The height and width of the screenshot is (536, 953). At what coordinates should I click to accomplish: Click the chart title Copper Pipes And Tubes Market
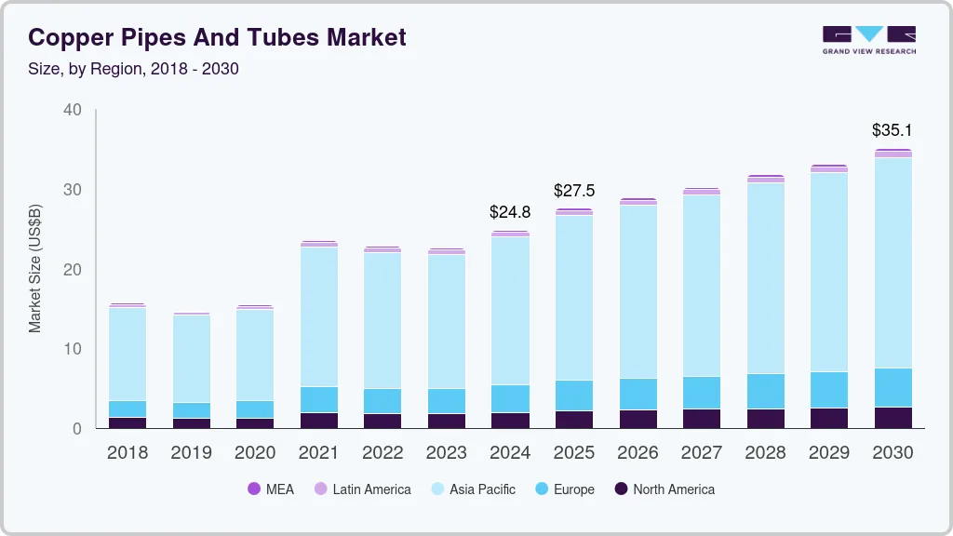pos(217,37)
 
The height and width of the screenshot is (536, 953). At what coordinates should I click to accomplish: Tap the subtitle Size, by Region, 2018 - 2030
pos(133,69)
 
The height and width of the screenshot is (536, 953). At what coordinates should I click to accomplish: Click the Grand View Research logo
pos(868,40)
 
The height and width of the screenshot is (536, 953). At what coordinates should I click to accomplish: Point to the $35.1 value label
pos(893,129)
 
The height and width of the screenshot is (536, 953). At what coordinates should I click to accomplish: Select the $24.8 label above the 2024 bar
pos(510,211)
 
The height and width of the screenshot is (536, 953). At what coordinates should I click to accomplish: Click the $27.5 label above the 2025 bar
pos(573,191)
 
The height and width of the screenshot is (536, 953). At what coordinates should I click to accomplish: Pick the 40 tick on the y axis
pos(72,110)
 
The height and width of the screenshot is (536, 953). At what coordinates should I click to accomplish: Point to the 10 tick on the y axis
pos(72,349)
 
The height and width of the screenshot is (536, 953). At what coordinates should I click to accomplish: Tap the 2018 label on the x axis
pos(127,452)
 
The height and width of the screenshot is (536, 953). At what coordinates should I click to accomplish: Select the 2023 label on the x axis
pos(446,452)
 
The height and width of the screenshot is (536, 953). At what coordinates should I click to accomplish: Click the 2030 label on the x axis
pos(893,452)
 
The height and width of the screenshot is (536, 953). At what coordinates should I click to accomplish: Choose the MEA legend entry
pos(271,489)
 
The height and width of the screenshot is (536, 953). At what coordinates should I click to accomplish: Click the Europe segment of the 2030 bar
pos(893,387)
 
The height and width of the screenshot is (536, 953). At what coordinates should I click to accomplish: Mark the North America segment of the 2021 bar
pos(318,420)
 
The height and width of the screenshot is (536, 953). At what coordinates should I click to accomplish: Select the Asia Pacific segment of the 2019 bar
pos(191,358)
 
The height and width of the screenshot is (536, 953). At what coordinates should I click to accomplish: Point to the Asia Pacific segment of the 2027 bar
pos(702,286)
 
